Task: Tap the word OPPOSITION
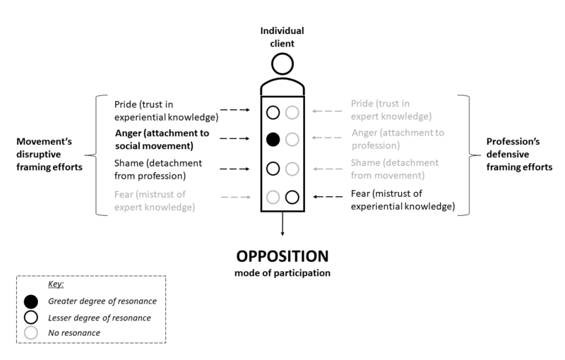282,256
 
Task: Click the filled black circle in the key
31,302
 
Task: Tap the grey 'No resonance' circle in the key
31,332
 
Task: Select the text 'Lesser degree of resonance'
99,318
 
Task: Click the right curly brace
464,154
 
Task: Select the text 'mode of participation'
282,272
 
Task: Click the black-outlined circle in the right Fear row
292,197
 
